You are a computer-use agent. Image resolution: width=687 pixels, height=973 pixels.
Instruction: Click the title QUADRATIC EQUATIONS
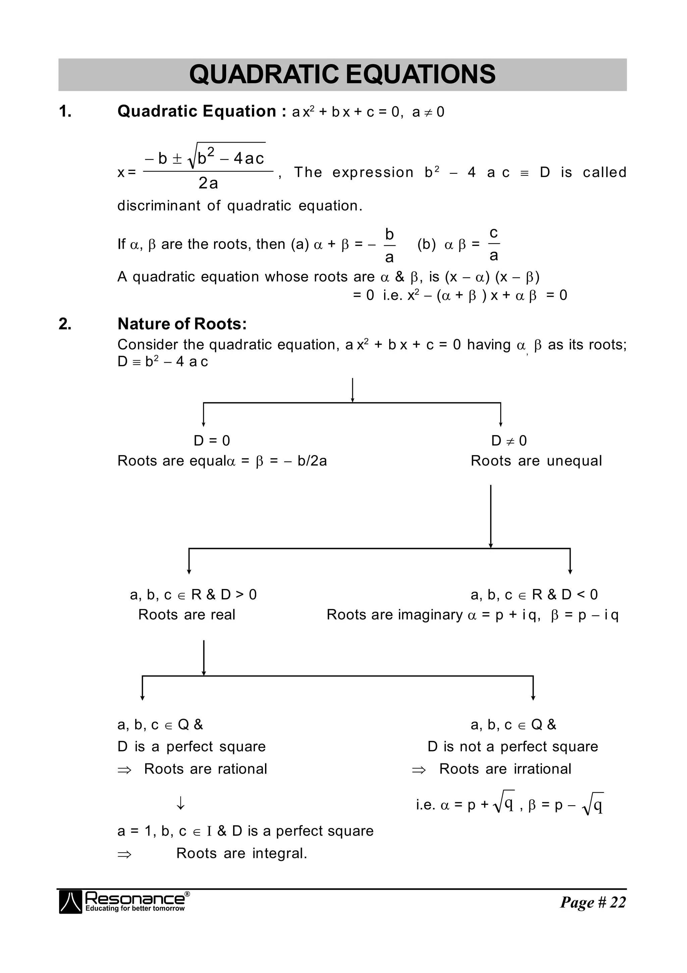(342, 74)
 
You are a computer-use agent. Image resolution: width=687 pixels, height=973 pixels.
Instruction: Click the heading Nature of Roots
(182, 324)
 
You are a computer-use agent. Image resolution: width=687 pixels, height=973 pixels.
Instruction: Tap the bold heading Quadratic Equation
(197, 111)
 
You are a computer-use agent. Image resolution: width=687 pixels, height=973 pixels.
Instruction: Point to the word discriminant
(159, 206)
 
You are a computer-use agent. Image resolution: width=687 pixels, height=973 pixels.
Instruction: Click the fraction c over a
(494, 244)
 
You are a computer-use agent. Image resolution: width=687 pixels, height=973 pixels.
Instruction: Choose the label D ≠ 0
(509, 441)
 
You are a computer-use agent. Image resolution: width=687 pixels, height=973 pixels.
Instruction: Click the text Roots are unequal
(536, 461)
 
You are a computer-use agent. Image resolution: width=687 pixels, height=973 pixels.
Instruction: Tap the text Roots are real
(187, 615)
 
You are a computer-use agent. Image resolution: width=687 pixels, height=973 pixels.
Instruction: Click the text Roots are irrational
(505, 769)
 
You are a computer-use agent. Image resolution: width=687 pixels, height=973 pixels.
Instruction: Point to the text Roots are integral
(242, 854)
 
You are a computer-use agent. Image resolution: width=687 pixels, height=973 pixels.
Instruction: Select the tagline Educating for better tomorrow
(135, 909)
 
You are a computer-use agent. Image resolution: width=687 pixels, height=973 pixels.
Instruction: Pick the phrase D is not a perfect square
(513, 747)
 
